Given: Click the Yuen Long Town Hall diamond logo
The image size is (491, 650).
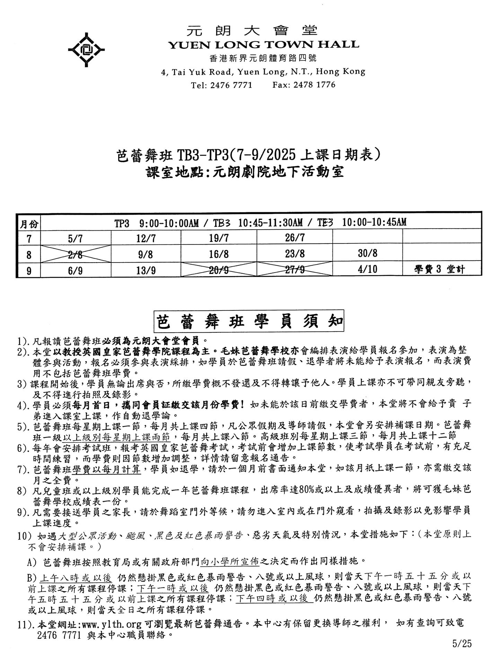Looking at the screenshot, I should tap(86, 50).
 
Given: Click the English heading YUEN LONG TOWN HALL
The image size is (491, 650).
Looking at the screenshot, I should tap(263, 45).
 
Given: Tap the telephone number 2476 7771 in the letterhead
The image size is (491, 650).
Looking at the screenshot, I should tap(231, 85).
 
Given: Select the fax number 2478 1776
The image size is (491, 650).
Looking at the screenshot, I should tap(314, 85).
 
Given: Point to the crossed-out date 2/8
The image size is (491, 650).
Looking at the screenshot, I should tap(75, 255).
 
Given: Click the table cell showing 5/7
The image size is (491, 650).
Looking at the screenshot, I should tap(75, 238).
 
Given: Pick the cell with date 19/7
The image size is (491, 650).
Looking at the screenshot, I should tap(219, 238).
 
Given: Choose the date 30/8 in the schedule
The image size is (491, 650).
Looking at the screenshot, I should tap(367, 254).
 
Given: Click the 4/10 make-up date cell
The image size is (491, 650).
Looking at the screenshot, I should tap(367, 270).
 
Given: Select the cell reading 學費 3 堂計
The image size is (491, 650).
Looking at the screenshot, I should tap(439, 270).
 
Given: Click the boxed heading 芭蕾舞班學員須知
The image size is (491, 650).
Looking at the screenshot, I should tap(248, 322).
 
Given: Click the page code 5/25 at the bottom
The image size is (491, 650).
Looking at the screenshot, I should tap(462, 643).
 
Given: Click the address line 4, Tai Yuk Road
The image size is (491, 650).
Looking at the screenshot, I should tap(263, 72).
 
